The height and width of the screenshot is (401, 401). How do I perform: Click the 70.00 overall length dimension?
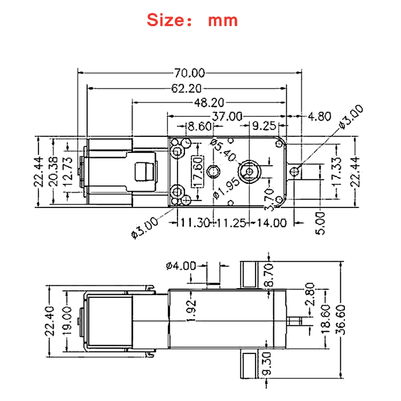[x=190, y=73]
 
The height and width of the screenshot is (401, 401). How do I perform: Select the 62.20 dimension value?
[x=186, y=89]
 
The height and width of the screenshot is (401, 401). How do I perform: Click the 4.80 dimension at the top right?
[x=319, y=116]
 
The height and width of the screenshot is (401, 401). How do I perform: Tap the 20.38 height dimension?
[x=55, y=171]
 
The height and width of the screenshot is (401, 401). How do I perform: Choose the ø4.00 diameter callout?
[x=180, y=266]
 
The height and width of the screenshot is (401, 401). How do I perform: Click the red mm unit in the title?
[x=223, y=21]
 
